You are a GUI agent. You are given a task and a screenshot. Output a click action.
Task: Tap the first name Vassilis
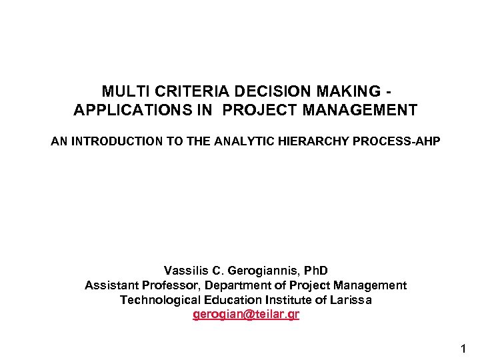[186, 271]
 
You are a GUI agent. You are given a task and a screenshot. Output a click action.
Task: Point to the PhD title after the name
[315, 271]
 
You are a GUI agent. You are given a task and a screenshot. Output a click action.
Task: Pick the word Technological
[158, 300]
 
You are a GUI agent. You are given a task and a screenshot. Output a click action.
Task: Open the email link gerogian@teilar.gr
[246, 315]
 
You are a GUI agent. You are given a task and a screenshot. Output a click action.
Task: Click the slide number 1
[463, 347]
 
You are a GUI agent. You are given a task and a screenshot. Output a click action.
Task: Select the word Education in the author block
[225, 300]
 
